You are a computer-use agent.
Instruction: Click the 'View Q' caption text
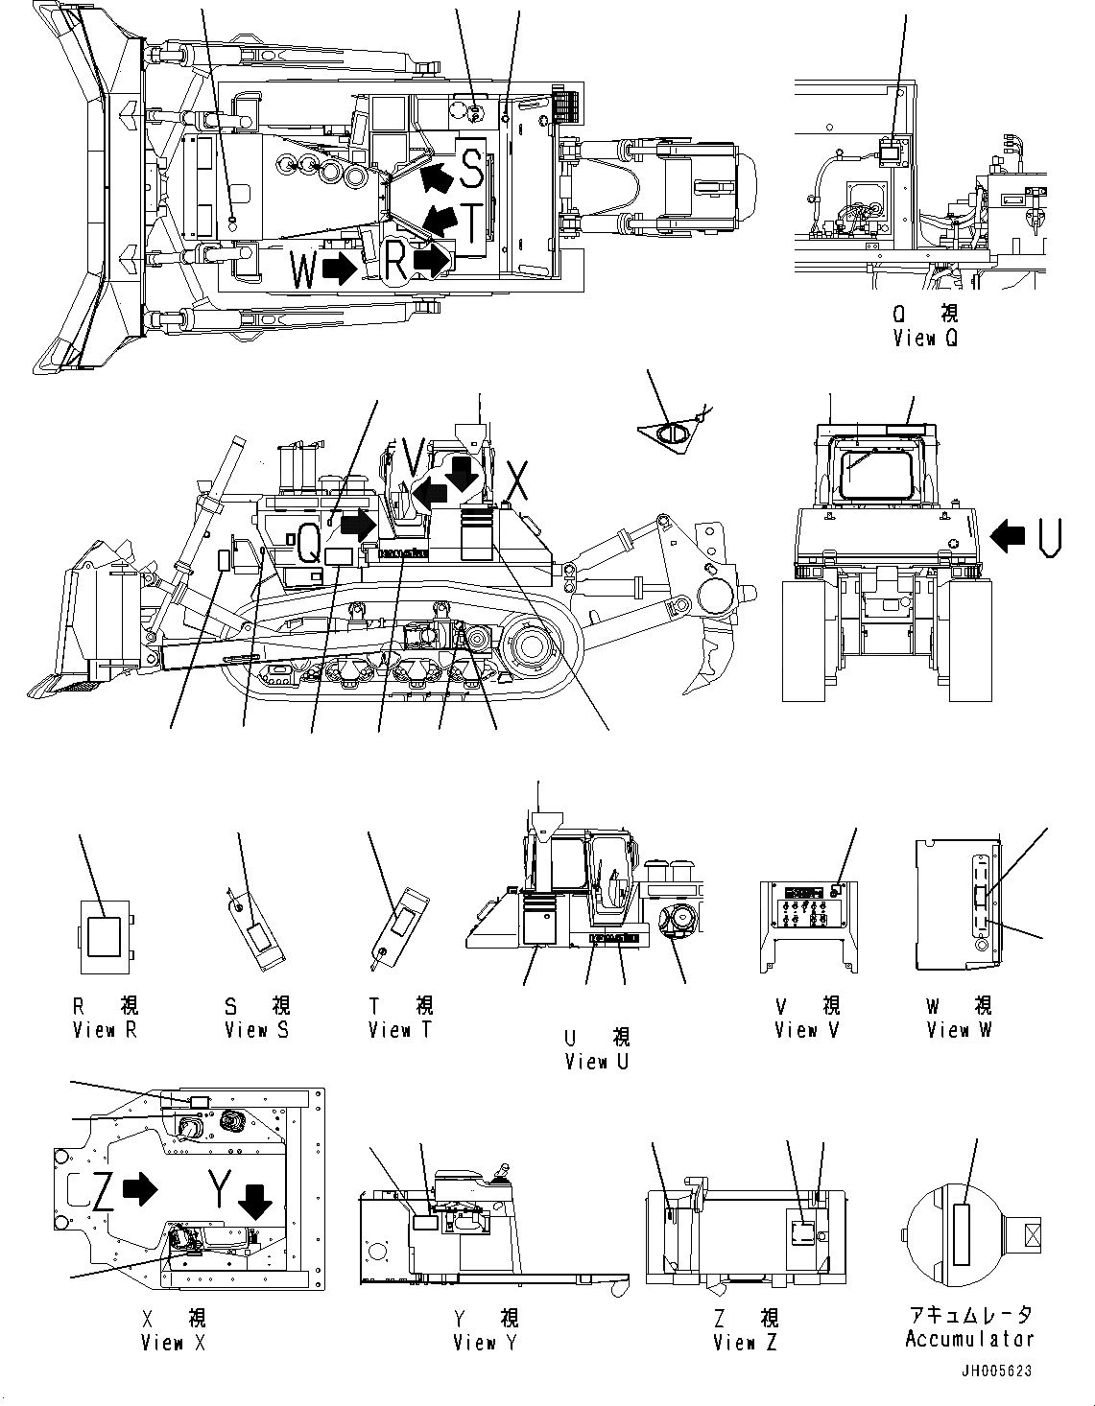(924, 338)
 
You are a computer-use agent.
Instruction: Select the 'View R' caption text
(106, 1030)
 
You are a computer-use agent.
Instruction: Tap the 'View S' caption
(256, 1030)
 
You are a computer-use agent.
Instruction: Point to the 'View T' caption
(400, 1030)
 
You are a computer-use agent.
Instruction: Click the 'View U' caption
(597, 1062)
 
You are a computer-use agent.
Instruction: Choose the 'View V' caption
(808, 1030)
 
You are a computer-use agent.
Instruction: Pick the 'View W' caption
(959, 1030)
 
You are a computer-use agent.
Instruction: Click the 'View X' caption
(173, 1343)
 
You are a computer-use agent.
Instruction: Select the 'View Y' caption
(485, 1343)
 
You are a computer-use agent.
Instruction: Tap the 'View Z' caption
(746, 1343)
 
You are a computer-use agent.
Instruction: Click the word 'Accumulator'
(969, 1339)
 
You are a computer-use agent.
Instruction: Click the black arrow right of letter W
(339, 269)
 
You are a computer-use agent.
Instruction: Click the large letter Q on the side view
(308, 544)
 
